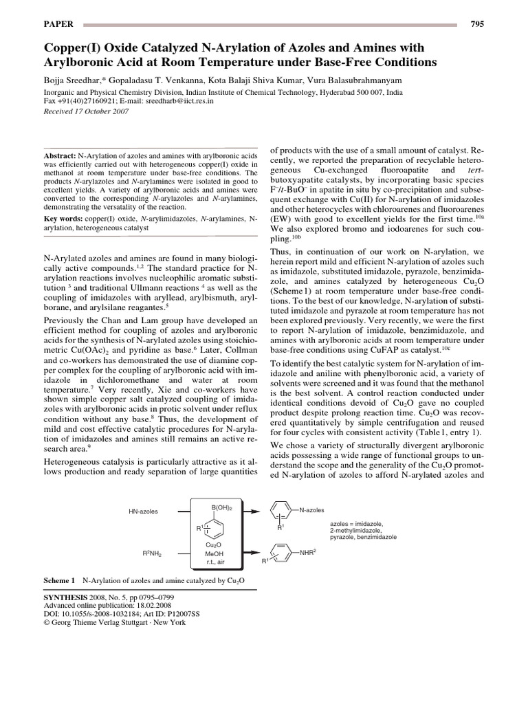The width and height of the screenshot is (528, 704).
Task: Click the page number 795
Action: [477, 24]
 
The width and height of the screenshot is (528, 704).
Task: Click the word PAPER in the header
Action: [58, 24]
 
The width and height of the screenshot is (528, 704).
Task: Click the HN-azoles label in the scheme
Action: [143, 511]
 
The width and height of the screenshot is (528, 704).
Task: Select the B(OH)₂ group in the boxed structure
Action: [221, 507]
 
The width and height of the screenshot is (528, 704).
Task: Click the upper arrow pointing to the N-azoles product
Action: [250, 511]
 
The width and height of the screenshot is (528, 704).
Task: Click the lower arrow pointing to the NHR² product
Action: [250, 551]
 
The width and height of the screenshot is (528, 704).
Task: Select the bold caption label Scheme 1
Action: [59, 580]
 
